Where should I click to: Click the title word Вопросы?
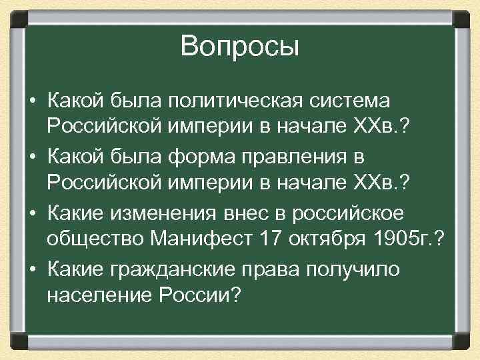tap(240, 47)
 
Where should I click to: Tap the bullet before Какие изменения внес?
tap(33, 210)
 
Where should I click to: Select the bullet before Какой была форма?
tap(33, 156)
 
